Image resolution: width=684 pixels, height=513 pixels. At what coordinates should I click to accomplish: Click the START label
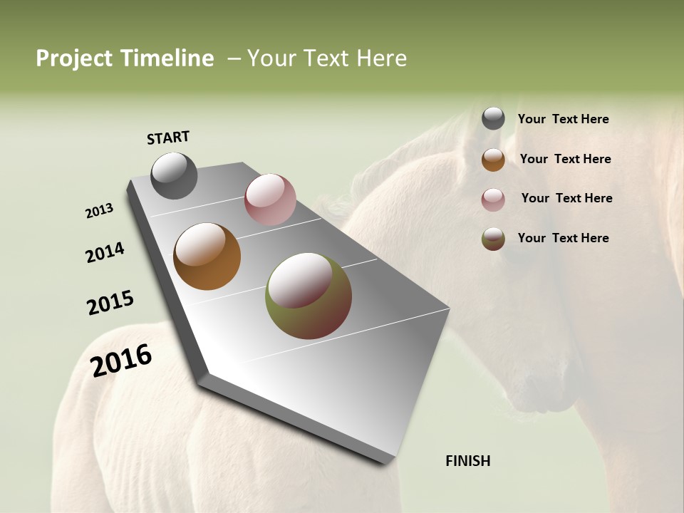pos(168,138)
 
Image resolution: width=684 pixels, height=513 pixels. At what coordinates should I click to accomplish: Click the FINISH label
pos(467,461)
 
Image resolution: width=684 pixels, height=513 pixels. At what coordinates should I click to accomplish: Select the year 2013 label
pos(99,211)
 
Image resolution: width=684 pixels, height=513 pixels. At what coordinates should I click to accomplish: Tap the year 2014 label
pos(105,252)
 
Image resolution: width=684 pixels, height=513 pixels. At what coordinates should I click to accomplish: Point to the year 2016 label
pos(121,360)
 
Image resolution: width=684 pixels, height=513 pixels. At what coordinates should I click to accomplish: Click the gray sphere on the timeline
pos(174,175)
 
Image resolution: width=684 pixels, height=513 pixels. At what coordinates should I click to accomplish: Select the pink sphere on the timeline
pos(270,199)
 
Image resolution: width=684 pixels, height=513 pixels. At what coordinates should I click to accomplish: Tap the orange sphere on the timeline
pos(207,256)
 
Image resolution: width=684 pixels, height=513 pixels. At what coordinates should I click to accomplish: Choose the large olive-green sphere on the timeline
pos(309,296)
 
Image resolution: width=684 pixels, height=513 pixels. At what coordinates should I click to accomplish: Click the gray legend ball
pos(493,118)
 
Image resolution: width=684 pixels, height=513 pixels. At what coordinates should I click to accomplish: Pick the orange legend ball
pos(493,160)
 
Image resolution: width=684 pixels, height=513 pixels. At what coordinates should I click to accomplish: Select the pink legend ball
pos(493,199)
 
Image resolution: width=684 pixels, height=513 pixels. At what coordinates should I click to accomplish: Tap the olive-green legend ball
pos(493,239)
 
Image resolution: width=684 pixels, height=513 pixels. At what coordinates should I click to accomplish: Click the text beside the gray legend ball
pos(563,119)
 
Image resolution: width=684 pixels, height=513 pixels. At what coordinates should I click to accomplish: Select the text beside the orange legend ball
pos(565,159)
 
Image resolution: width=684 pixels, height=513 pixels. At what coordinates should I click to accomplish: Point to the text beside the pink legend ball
pos(566,198)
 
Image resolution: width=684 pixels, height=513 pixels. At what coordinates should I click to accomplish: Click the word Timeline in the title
pos(167,58)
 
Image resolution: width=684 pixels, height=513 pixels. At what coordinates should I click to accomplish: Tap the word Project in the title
pos(74,58)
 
